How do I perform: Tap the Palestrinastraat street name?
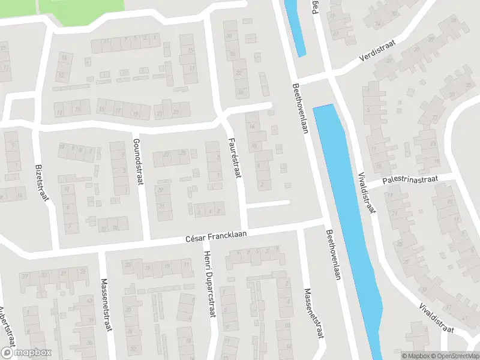412,180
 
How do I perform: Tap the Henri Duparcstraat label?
210,284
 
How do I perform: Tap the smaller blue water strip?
294,27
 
